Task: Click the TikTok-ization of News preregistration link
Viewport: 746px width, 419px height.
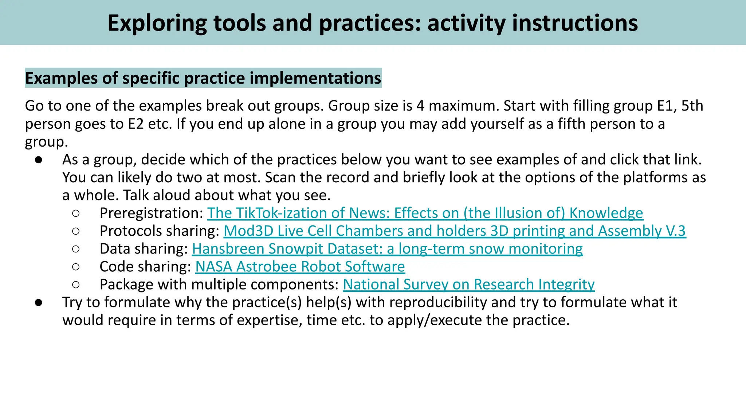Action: tap(425, 213)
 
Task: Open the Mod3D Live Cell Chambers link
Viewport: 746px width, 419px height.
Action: tap(454, 231)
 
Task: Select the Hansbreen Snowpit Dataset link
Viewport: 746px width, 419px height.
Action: tap(387, 249)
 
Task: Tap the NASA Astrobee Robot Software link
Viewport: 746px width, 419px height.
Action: tap(300, 267)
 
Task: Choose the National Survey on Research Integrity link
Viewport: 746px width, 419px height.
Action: tap(468, 284)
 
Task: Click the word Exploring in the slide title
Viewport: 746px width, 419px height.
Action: tap(157, 23)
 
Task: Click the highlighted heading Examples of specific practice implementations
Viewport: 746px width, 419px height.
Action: tap(203, 78)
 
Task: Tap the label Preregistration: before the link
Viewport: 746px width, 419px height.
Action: tap(151, 213)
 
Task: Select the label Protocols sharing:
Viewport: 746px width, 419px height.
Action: tap(159, 231)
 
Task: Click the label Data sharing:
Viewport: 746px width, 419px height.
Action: tap(144, 249)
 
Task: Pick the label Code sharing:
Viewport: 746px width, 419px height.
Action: tap(145, 267)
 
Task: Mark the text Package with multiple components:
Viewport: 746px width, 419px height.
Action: tap(219, 284)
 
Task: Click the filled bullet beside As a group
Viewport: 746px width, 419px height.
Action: tap(39, 160)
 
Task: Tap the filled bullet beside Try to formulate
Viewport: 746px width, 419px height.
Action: tap(39, 302)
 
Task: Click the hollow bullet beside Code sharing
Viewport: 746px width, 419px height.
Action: tap(76, 267)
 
